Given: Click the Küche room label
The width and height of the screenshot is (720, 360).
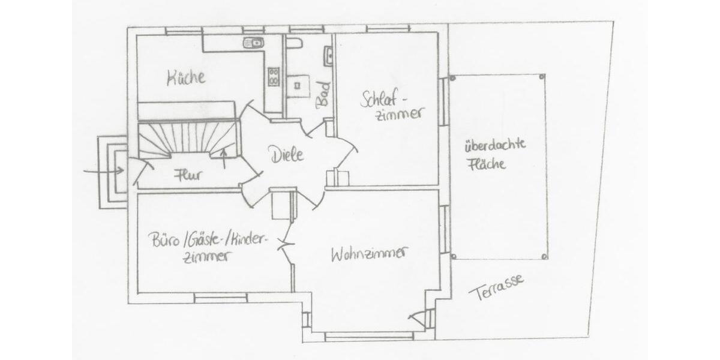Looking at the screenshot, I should (186, 77).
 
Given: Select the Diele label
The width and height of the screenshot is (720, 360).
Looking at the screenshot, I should (286, 154).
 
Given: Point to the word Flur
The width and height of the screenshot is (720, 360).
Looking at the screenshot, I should (187, 176).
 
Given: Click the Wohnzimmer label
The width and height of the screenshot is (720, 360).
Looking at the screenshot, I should (368, 254).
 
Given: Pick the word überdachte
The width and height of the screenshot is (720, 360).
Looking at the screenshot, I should (495, 145).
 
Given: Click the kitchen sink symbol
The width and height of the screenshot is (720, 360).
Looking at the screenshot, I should (253, 42).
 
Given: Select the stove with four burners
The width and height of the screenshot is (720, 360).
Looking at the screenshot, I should (274, 76).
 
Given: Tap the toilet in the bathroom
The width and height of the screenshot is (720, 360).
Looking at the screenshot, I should (293, 43).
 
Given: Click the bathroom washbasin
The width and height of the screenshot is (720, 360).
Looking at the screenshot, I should (328, 56).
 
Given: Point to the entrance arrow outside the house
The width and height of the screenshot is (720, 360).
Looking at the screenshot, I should (103, 171).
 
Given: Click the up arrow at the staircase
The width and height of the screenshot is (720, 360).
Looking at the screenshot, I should (224, 157).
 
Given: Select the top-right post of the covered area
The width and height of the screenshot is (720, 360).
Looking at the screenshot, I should (542, 77).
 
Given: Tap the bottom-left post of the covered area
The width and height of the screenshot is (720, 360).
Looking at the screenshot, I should (453, 256).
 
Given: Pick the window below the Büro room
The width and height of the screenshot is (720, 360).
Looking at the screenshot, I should (220, 296).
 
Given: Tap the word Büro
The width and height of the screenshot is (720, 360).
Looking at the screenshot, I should (166, 239).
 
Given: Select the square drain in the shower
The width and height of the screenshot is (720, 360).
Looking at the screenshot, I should (298, 85).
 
